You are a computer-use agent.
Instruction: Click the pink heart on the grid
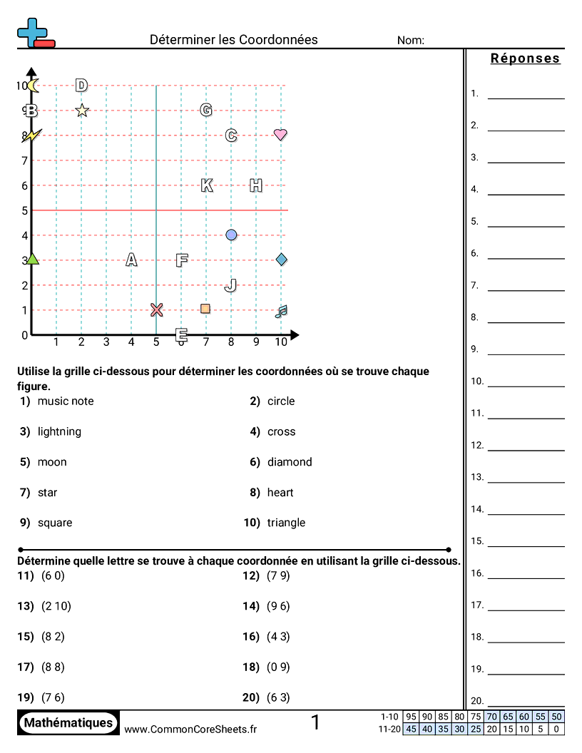280,134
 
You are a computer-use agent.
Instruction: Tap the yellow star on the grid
82,111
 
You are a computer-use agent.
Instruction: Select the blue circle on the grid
231,235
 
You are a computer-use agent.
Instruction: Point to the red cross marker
157,309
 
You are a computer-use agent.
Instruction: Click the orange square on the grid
205,309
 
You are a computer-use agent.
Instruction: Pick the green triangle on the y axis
32,260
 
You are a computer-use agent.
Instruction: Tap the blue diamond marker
281,259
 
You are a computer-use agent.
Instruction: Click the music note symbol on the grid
281,311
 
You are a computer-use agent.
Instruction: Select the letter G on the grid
206,110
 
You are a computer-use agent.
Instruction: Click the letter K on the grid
207,185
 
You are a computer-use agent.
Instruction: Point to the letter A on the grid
131,260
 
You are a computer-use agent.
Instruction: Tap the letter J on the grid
230,285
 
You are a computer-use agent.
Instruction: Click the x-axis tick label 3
106,342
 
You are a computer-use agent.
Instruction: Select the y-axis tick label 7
24,160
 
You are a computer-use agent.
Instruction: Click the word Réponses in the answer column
526,59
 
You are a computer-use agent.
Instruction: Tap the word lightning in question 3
59,431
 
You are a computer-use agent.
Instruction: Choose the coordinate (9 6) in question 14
278,606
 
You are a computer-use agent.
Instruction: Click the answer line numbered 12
526,449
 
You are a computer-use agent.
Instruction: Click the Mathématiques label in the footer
68,723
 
